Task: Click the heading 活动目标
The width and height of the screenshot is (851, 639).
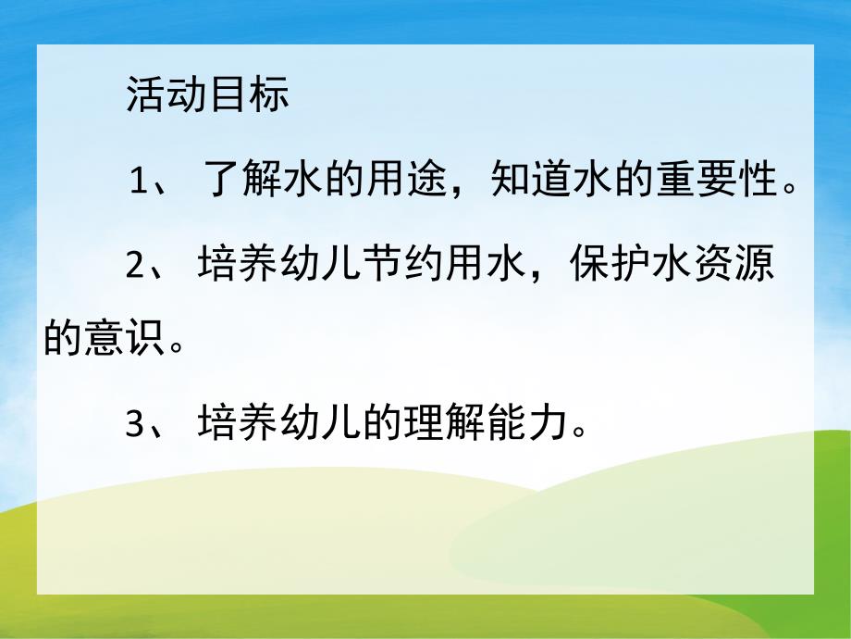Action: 207,96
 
